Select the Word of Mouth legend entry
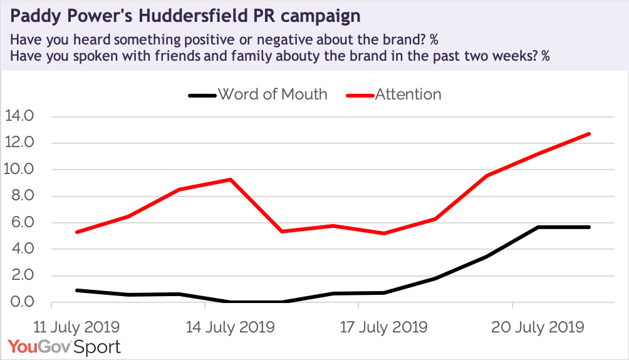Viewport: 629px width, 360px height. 273,95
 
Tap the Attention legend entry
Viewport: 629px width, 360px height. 408,95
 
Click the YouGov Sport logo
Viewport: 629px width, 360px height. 65,346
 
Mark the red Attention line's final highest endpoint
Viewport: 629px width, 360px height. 590,133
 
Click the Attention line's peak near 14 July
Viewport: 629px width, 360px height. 231,180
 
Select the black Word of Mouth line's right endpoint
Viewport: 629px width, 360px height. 590,227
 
